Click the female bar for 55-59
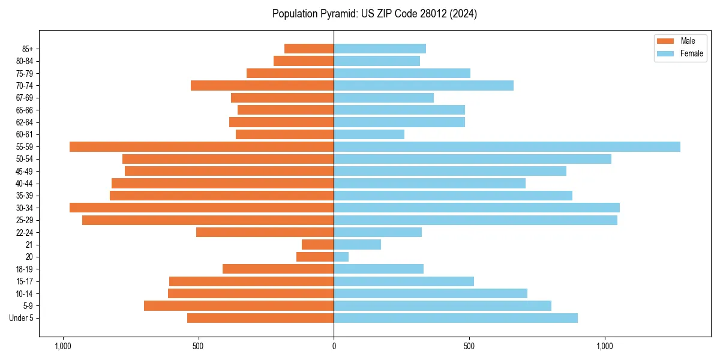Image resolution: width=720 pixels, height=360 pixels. click(x=507, y=146)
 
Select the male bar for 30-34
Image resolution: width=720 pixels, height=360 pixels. click(x=202, y=208)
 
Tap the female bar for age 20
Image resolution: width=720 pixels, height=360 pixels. click(x=341, y=257)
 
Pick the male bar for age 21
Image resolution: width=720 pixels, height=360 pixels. click(x=318, y=244)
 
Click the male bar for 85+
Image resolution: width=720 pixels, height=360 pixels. click(x=309, y=49)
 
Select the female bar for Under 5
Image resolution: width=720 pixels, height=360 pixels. click(x=456, y=318)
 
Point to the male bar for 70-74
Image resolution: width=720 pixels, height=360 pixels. click(x=262, y=85)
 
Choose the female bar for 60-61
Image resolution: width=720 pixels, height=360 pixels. click(x=369, y=134)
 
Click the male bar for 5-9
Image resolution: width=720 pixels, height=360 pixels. click(x=239, y=305)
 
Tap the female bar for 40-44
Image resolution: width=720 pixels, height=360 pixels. click(x=430, y=183)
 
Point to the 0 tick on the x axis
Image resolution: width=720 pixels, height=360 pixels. click(x=334, y=346)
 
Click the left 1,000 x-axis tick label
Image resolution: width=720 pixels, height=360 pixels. click(x=62, y=346)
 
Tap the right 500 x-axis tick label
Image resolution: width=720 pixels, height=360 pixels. click(x=469, y=346)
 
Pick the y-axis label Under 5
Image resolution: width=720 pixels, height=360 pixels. click(x=22, y=318)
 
